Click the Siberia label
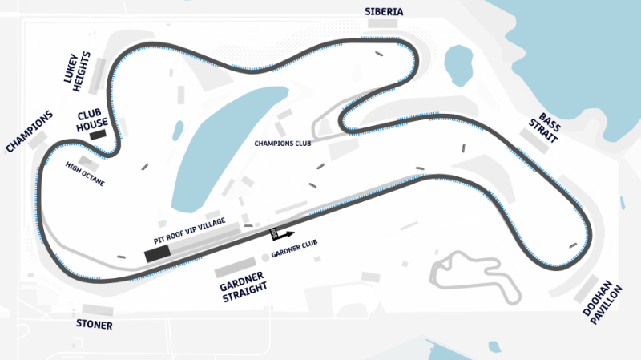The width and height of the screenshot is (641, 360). coord(383,11)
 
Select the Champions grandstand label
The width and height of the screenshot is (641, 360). coord(30,131)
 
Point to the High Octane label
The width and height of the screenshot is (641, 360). coord(85,173)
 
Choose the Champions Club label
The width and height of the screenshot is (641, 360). coord(282,144)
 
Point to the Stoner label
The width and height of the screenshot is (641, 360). coord(94,326)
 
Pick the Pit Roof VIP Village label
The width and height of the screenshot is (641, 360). coord(190,230)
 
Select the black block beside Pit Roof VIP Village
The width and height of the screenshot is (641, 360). coord(157,254)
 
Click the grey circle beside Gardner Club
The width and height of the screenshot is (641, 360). coord(265,257)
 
